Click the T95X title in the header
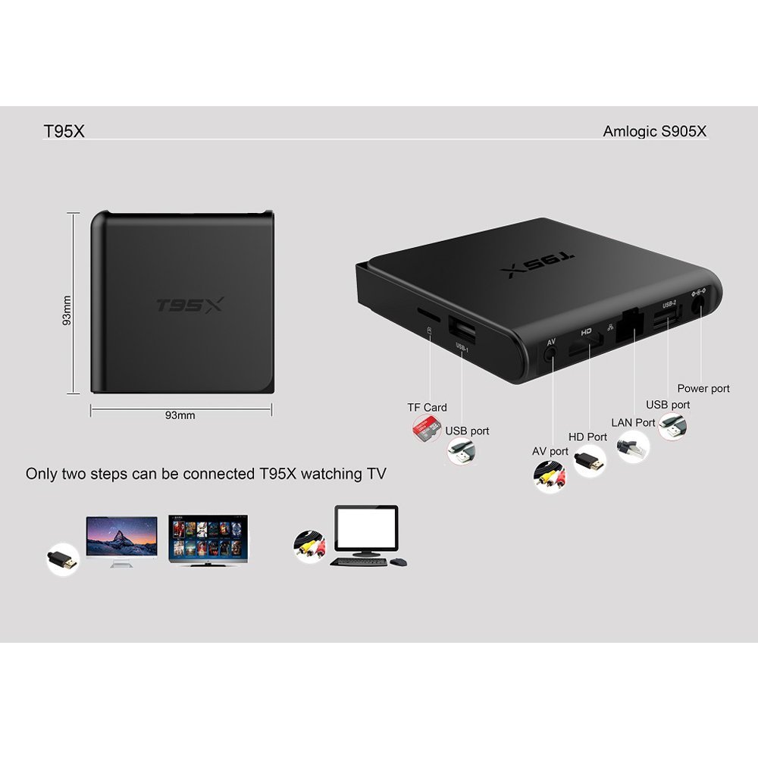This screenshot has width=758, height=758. pos(64,131)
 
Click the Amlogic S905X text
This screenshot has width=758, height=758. pos(655,131)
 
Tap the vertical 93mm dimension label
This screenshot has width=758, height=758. pos(67,310)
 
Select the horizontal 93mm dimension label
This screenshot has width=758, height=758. pos(180,415)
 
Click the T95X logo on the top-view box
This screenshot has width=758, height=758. pos(189,305)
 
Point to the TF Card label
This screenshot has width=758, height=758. pos(427,408)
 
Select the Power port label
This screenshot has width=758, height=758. pos(703,389)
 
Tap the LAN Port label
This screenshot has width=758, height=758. pos(633,422)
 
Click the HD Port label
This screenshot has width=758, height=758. pos(588,437)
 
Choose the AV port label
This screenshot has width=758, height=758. pos(550,452)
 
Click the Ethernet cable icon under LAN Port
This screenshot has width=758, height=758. pos(633,446)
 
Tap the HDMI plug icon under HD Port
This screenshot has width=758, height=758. pos(590,461)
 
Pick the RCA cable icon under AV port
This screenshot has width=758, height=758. pos(550,476)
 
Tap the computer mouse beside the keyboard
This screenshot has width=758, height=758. pos(399,562)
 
